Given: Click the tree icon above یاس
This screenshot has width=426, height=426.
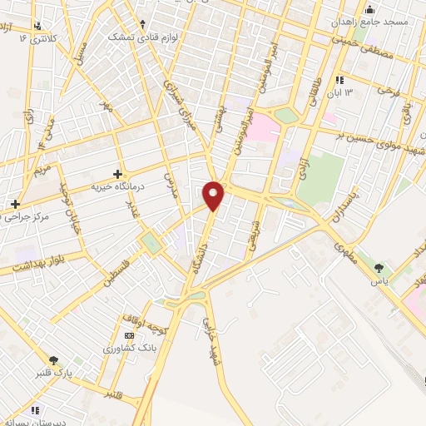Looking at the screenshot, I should pos(379,268).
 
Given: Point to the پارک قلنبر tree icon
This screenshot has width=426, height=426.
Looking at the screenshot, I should pos(54,360).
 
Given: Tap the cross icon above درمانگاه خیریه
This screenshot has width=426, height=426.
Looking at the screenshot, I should pos(117,175).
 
